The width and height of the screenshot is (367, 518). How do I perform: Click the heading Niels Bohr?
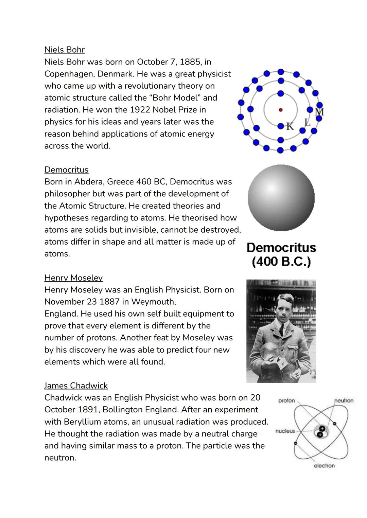[x=64, y=50]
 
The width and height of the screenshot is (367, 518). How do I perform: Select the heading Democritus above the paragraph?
[x=66, y=170]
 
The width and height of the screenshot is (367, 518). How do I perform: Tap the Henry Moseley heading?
[x=73, y=278]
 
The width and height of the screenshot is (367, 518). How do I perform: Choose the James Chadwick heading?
[x=76, y=386]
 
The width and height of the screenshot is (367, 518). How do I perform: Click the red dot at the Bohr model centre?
[x=280, y=110]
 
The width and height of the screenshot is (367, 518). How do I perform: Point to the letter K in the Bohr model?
[x=290, y=126]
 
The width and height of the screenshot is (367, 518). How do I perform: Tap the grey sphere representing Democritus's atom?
[x=281, y=198]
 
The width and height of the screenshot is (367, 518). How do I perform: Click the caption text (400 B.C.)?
[x=281, y=262]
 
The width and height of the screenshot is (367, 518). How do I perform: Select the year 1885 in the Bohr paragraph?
[x=191, y=62]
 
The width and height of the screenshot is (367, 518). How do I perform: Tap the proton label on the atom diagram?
[x=286, y=401]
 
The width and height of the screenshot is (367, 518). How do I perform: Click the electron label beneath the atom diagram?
[x=324, y=466]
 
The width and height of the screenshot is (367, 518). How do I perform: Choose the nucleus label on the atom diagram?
[x=285, y=431]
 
